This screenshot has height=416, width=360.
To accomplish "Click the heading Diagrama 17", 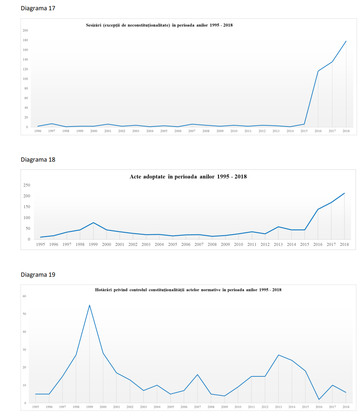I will [x=38, y=8].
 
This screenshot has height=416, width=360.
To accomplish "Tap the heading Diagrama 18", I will [x=38, y=159].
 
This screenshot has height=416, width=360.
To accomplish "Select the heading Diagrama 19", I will [x=38, y=275].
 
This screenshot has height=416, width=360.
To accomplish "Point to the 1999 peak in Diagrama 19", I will [x=89, y=305].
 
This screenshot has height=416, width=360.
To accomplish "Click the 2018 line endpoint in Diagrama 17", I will [x=346, y=41].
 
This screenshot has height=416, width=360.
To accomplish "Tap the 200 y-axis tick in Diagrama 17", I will [x=25, y=30].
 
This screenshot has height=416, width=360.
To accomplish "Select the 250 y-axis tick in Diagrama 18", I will [x=26, y=185].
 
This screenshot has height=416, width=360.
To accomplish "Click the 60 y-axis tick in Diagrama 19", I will [x=25, y=296].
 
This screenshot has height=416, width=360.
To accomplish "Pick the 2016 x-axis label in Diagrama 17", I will [x=318, y=131].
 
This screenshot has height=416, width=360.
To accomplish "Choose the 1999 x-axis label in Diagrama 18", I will [x=93, y=244].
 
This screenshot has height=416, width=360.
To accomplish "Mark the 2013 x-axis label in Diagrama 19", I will [x=278, y=407].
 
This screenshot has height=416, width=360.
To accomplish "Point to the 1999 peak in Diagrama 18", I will [x=93, y=222].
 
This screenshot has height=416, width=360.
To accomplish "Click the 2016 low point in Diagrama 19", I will [x=319, y=400].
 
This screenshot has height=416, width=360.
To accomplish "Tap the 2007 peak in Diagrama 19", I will [x=197, y=375].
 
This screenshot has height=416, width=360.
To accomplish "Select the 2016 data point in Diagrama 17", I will [x=318, y=71].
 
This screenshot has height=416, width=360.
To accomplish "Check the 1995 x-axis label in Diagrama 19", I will [x=36, y=407].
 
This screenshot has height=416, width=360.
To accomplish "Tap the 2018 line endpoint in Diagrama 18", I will [x=344, y=193].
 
